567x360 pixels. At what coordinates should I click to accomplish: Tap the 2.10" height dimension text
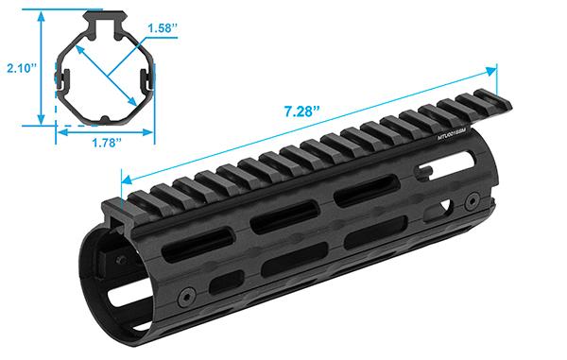click(20, 68)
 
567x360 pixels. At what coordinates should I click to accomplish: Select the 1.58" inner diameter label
click(163, 27)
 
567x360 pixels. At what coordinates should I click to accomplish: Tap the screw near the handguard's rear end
click(471, 199)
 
